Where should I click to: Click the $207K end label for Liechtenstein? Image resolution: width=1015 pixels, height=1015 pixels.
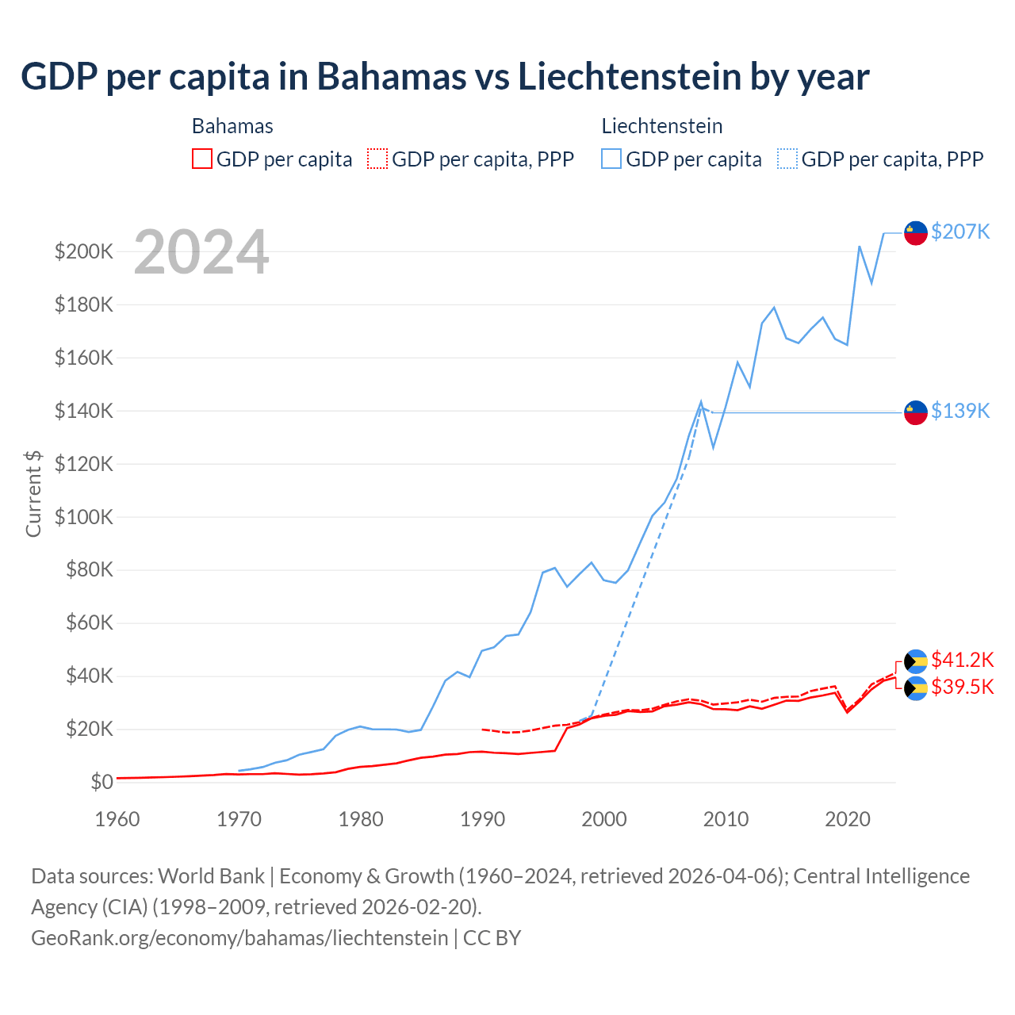[960, 232]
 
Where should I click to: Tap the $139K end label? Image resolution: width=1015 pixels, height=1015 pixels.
[960, 411]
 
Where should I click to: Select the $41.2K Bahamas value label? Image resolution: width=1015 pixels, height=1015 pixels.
[962, 660]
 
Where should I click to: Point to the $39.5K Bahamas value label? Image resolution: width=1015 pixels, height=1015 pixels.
[962, 687]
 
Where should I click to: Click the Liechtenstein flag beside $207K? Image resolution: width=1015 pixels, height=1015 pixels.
[916, 233]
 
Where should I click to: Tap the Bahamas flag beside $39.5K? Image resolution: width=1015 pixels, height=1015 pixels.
[916, 688]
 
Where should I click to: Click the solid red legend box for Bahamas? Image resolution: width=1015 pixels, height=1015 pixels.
[202, 159]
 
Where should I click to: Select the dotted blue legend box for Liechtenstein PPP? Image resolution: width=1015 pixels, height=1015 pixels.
[787, 159]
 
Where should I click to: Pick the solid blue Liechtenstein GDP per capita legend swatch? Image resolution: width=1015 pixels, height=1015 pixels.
[611, 159]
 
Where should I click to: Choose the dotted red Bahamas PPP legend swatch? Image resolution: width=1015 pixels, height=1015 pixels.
[377, 159]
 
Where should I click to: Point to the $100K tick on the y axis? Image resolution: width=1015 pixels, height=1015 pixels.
[84, 517]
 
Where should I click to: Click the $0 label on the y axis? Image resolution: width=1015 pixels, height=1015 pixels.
[101, 782]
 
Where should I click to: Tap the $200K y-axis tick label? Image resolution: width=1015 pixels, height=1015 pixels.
[84, 252]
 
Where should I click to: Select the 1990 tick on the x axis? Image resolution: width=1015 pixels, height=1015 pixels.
[482, 819]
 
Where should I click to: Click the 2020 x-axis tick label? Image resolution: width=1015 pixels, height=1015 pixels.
[848, 819]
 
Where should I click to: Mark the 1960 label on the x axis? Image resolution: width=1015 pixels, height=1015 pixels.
[117, 819]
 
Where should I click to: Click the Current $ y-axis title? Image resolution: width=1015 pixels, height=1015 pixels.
[33, 493]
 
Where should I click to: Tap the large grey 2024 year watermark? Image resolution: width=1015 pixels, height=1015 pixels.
[201, 253]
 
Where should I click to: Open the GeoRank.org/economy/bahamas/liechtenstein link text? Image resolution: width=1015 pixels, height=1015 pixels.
[239, 937]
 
